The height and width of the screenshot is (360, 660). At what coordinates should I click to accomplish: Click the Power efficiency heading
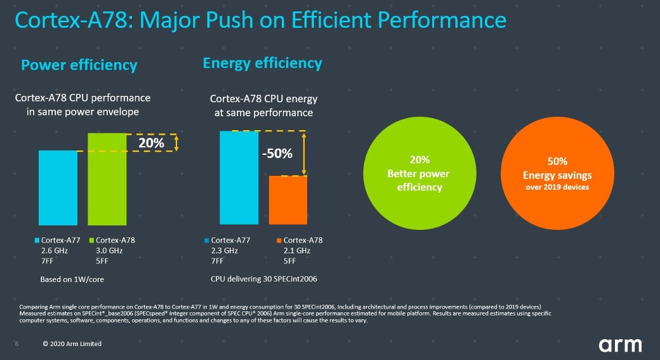coord(79,65)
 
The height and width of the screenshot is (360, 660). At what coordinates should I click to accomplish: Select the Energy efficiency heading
coord(262,63)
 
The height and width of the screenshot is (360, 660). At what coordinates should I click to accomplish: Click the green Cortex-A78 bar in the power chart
coord(107,178)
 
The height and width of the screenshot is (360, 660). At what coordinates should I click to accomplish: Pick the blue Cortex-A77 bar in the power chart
coord(58,187)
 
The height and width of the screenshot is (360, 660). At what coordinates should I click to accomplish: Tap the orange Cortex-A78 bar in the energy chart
coord(289,200)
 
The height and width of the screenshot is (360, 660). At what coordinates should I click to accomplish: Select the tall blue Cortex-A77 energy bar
coord(239,178)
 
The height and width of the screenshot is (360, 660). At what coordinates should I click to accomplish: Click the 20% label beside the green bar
coord(151,143)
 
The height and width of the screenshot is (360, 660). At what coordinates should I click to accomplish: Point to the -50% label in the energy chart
coord(278,154)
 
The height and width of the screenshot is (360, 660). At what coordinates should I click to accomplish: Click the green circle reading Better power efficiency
coord(419,173)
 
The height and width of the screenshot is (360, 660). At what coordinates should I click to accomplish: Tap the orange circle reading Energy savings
coord(557,173)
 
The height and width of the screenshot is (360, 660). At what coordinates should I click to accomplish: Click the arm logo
coord(621,345)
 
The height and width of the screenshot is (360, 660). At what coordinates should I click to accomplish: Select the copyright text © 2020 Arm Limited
coord(72,344)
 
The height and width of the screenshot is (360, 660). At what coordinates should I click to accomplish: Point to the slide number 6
coord(16,344)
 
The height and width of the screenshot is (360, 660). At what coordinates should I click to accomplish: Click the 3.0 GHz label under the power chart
coord(108,251)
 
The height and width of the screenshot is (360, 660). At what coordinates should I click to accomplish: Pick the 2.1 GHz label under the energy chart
coord(296,251)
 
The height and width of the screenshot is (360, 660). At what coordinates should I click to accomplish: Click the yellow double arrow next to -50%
coord(305,153)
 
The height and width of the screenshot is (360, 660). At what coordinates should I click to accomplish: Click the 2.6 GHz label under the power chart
coord(54,251)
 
